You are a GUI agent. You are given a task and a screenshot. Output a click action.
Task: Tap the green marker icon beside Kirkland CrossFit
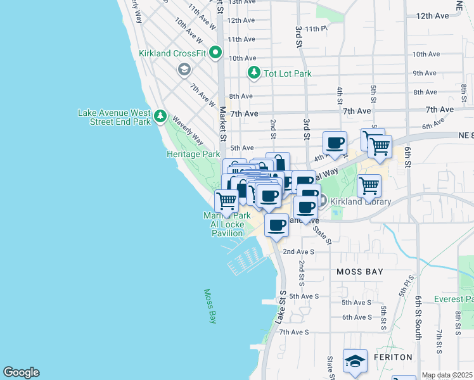click(x=215, y=53)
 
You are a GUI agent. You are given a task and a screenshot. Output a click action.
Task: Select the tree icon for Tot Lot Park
click(x=254, y=73)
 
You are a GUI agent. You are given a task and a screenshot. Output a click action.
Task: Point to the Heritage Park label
click(x=193, y=154)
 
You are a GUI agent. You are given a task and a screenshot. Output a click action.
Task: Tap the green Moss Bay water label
click(x=210, y=306)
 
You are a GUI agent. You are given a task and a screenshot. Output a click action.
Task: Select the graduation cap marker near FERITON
click(x=355, y=360)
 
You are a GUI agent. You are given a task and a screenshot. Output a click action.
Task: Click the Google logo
click(x=21, y=372)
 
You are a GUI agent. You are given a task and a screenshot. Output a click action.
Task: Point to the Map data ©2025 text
click(x=447, y=375)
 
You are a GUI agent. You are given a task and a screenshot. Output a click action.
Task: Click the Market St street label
click(x=222, y=123)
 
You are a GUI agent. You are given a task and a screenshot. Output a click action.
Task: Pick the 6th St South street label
click(x=418, y=317)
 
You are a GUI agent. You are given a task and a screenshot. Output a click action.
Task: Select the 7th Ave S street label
click(x=294, y=332)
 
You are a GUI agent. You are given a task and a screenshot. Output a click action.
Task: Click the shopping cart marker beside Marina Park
click(x=226, y=201)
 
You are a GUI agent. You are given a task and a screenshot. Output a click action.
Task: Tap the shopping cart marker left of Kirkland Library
click(x=369, y=186)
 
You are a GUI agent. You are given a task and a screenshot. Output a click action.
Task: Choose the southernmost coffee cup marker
click(x=276, y=225)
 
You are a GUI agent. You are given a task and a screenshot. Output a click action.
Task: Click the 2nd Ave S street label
click(x=298, y=251)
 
